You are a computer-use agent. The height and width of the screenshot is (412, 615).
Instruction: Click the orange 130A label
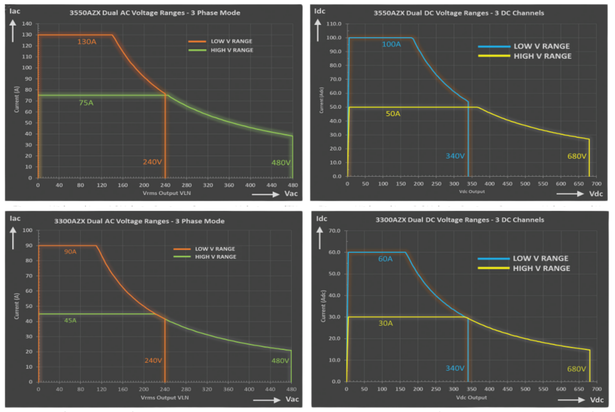tap(87, 42)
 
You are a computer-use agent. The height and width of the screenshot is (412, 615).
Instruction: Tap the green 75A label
tap(86, 103)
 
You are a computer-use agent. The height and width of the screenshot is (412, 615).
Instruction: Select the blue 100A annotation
tap(391, 44)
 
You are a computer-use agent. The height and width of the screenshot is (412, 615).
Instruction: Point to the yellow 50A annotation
tap(393, 114)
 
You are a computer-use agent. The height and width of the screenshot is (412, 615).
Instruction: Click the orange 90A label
tap(70, 252)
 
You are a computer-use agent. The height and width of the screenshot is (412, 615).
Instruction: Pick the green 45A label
tap(70, 320)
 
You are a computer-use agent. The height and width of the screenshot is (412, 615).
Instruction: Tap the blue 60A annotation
tap(385, 259)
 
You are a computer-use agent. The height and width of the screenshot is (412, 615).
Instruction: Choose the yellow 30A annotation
tap(386, 323)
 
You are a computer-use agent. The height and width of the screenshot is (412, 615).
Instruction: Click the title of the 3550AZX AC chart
tap(155, 13)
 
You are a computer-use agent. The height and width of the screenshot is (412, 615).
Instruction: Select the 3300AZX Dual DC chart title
tap(459, 220)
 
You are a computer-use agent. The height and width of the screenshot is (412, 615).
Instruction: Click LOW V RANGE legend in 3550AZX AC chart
tap(231, 41)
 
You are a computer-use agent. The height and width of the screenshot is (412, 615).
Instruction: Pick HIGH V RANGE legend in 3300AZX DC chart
tap(541, 268)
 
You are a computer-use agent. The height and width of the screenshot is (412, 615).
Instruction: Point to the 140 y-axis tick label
tap(27, 24)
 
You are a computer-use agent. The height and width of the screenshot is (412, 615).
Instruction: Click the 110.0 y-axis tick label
tap(334, 24)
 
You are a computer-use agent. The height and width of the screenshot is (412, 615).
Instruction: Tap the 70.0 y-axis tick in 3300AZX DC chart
tap(335, 231)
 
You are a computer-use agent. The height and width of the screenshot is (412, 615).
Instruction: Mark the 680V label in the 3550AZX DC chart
tap(577, 156)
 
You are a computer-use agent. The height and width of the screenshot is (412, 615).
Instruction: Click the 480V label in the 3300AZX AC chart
tap(280, 361)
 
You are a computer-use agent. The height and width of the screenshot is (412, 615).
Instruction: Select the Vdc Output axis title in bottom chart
tap(471, 398)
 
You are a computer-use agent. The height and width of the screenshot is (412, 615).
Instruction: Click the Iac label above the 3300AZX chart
tap(15, 218)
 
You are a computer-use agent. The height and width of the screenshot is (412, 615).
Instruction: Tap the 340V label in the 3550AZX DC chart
tap(455, 156)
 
